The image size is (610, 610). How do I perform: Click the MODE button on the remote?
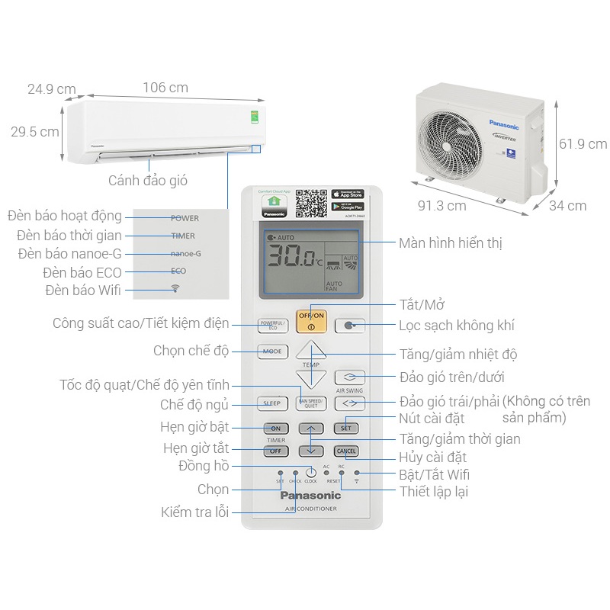[x=272, y=352]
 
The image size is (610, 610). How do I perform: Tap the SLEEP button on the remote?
[x=272, y=403]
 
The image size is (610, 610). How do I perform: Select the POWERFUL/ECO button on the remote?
[x=272, y=325]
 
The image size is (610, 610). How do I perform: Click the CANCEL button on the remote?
[x=346, y=451]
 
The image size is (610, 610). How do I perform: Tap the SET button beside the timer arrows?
[x=346, y=429]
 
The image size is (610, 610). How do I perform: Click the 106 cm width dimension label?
[x=165, y=88]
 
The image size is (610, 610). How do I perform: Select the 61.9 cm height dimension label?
[x=583, y=144]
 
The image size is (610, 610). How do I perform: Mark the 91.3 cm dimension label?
[x=441, y=206]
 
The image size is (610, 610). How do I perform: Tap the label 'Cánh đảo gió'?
[x=147, y=181]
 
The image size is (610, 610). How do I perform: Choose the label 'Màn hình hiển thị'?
[x=450, y=243]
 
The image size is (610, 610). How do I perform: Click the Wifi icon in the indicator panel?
[x=175, y=288]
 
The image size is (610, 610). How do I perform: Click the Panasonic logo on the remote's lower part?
[x=310, y=496]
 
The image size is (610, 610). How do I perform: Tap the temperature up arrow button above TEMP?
[x=311, y=350]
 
